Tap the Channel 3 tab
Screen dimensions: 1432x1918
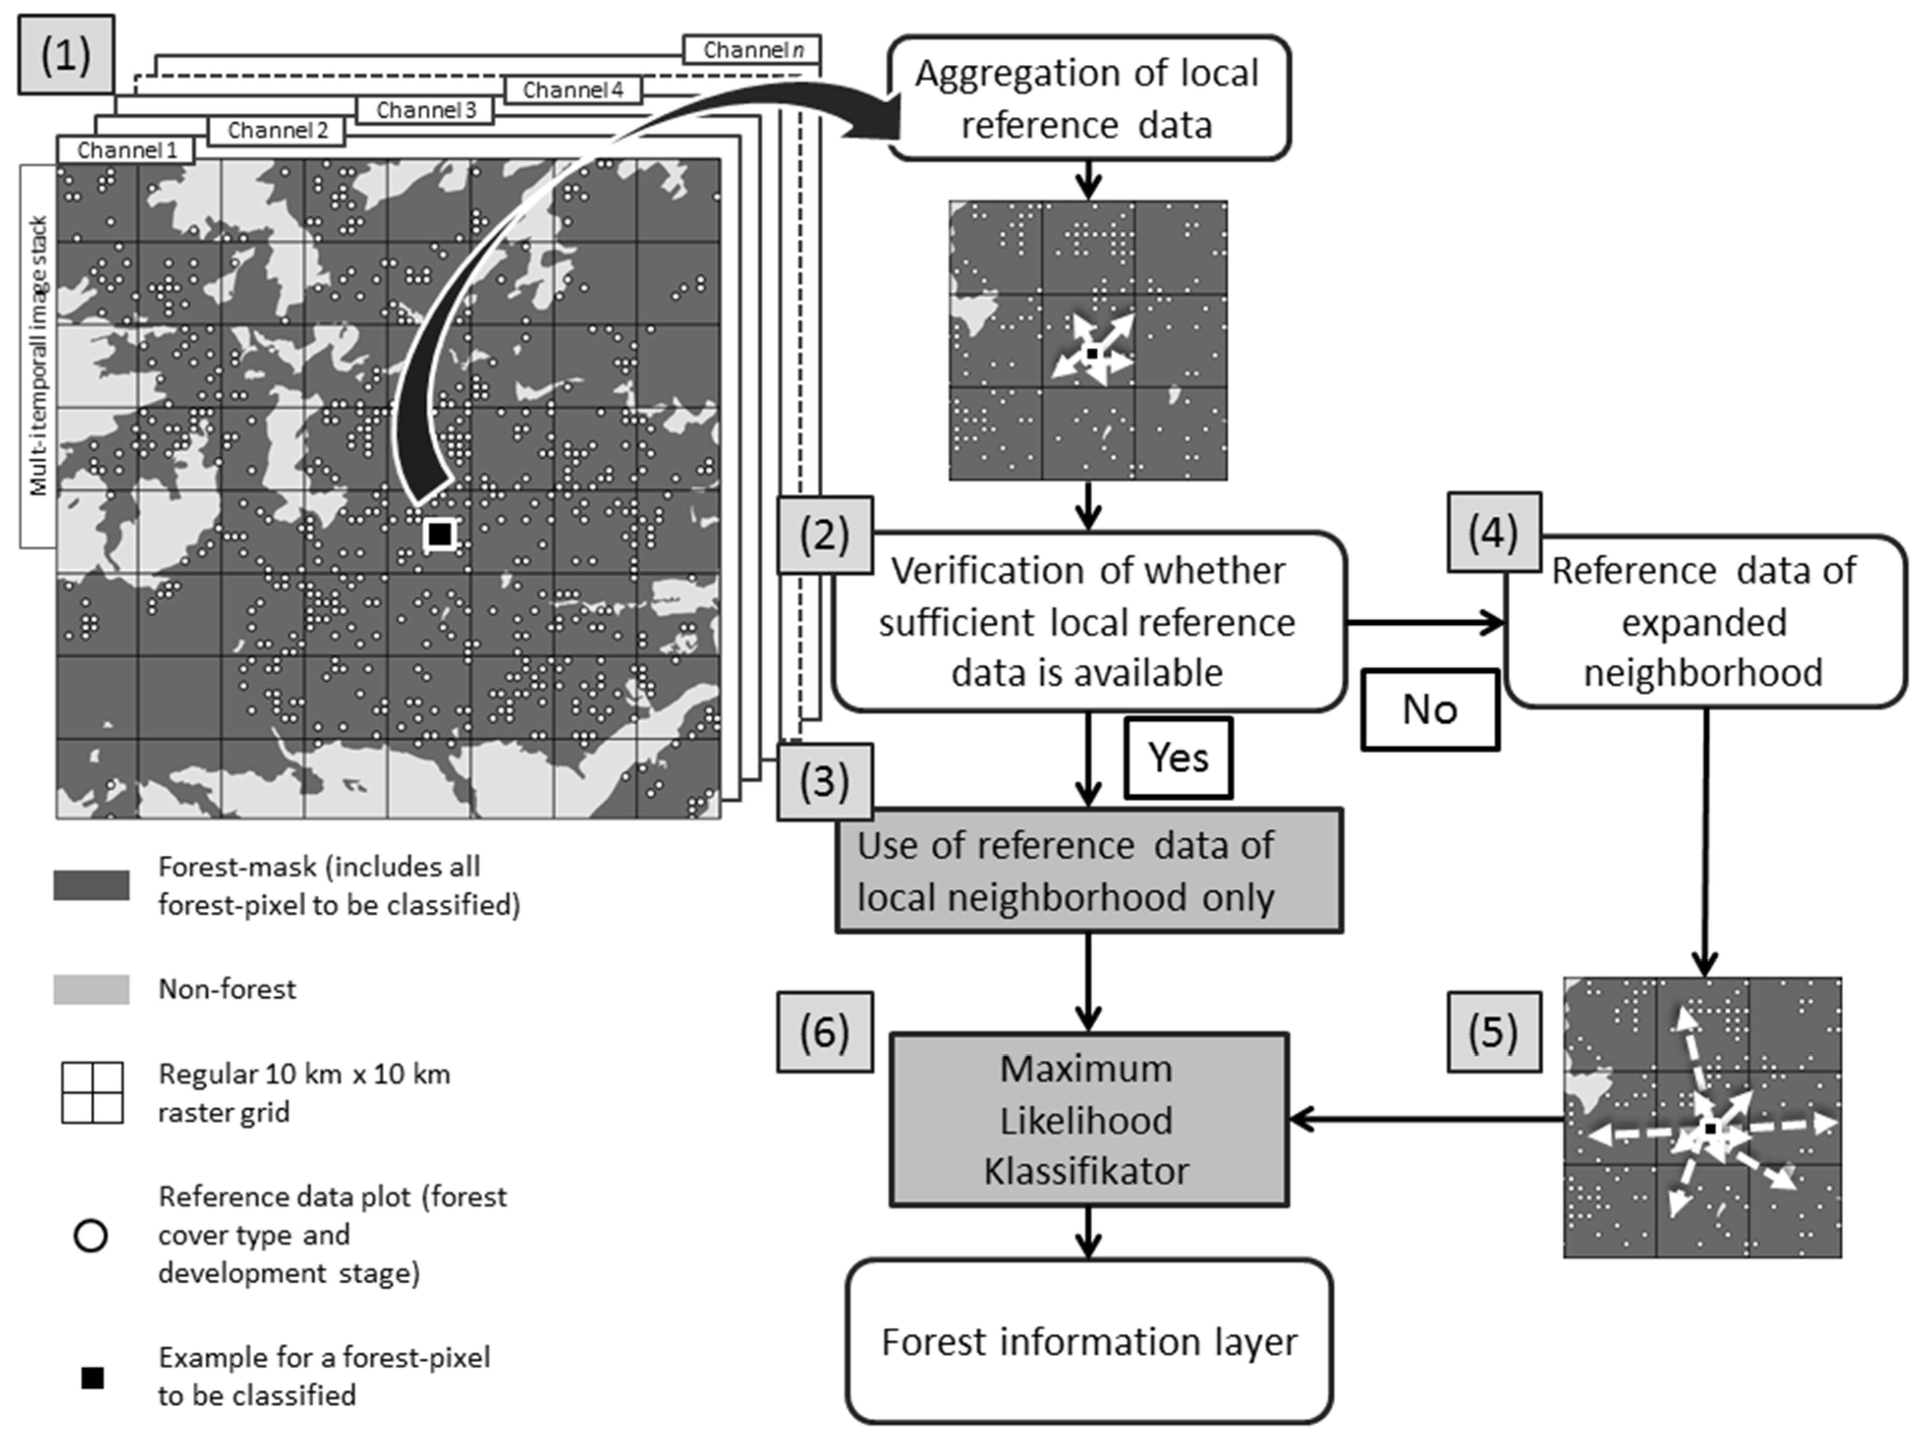point(425,110)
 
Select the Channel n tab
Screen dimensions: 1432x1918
point(751,50)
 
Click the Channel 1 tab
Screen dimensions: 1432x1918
point(126,150)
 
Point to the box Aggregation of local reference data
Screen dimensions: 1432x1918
point(1088,98)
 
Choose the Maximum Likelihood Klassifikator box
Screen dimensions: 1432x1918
point(1088,1119)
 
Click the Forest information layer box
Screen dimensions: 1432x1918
point(1088,1341)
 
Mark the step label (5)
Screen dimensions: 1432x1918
point(1493,1032)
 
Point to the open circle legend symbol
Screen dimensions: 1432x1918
point(91,1235)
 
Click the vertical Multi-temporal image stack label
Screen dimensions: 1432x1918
point(38,355)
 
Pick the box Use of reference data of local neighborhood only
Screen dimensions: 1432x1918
point(1088,870)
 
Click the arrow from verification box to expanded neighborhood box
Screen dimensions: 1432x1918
point(1426,621)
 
